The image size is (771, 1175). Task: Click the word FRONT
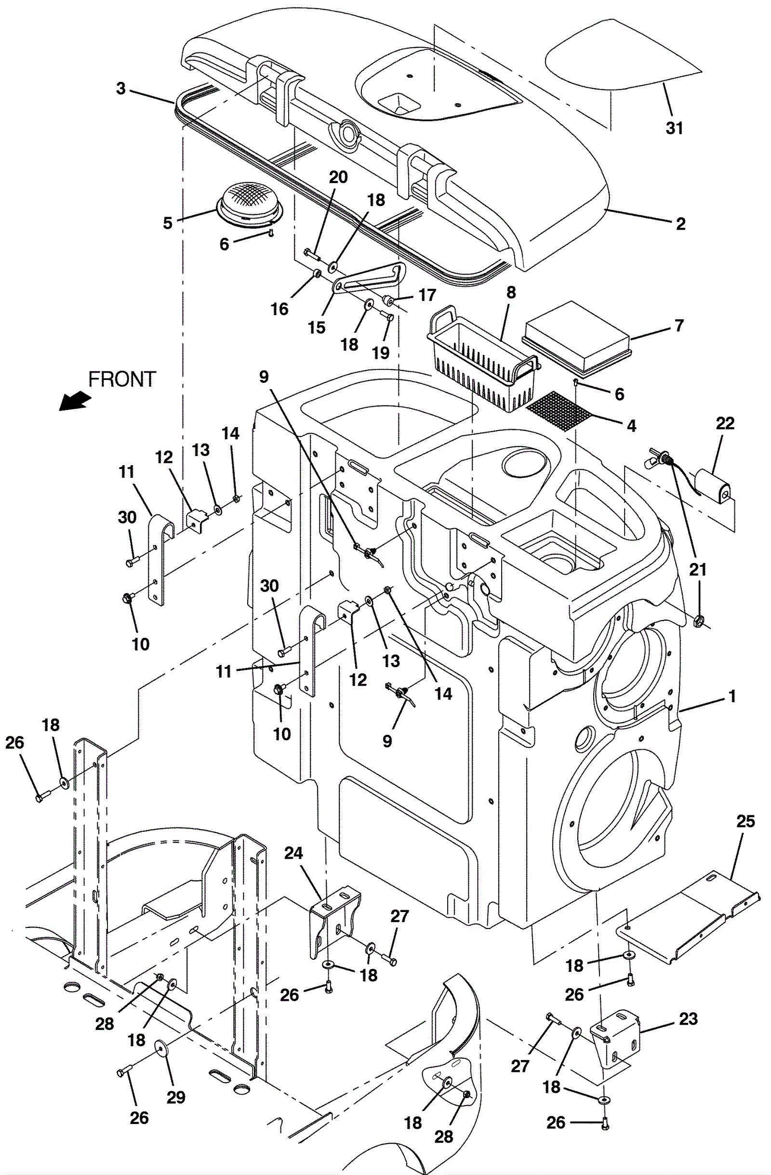(x=122, y=379)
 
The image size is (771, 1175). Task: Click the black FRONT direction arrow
(x=75, y=400)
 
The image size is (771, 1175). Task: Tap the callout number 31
(x=675, y=128)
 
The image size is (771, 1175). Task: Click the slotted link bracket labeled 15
(x=370, y=278)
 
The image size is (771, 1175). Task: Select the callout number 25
(x=746, y=821)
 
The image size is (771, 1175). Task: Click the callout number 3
(x=121, y=89)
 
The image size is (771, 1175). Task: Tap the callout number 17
(x=427, y=295)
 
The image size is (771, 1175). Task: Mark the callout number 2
(x=680, y=224)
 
